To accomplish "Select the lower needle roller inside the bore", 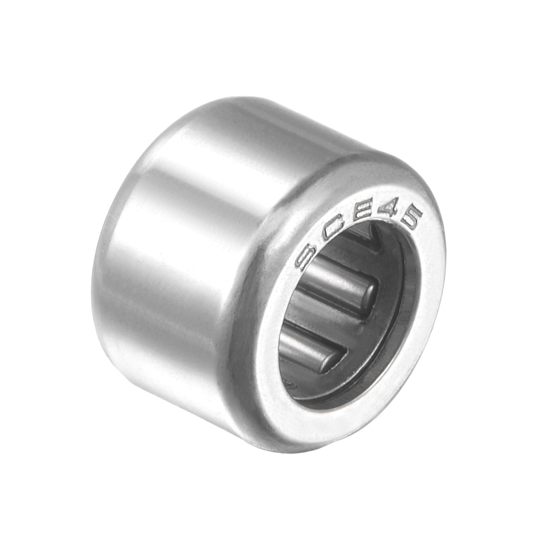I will click(x=309, y=344).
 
